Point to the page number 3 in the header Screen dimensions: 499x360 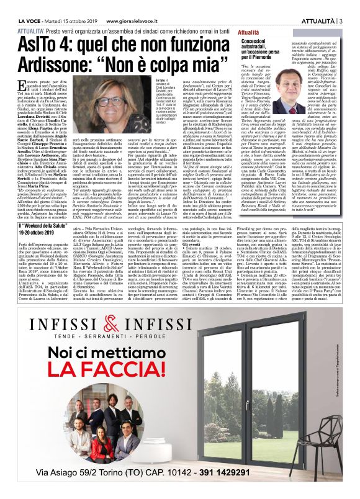[x=341, y=5]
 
